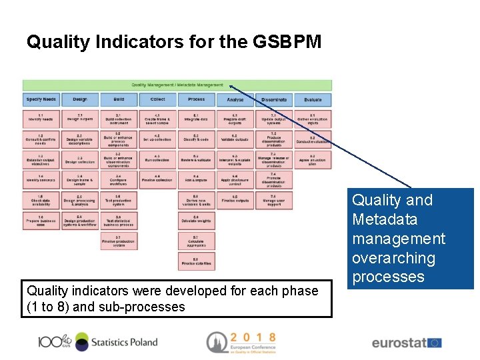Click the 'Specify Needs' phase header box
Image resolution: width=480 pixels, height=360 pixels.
point(41,99)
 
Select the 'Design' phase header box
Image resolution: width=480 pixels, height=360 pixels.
point(80,99)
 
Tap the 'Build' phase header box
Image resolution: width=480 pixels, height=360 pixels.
point(119,99)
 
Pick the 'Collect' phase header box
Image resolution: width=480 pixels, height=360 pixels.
point(157,99)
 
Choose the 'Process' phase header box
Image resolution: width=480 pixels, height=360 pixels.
point(196,99)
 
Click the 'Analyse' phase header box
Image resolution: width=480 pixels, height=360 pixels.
point(235,99)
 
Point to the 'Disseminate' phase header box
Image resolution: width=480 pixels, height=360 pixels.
point(273,99)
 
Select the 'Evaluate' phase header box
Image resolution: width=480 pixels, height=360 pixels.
point(312,99)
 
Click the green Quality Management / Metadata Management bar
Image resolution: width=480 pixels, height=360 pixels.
point(177,85)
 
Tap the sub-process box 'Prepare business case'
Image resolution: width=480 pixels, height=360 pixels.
point(41,221)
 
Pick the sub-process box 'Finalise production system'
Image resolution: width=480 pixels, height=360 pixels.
point(119,241)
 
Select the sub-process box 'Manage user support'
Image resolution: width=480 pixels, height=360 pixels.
point(273,201)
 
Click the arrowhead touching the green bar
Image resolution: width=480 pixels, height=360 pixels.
point(231,85)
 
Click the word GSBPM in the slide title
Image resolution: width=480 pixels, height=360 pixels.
point(287,43)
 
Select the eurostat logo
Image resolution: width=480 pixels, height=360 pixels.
point(406,343)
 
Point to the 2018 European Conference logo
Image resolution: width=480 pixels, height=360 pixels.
point(241,342)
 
